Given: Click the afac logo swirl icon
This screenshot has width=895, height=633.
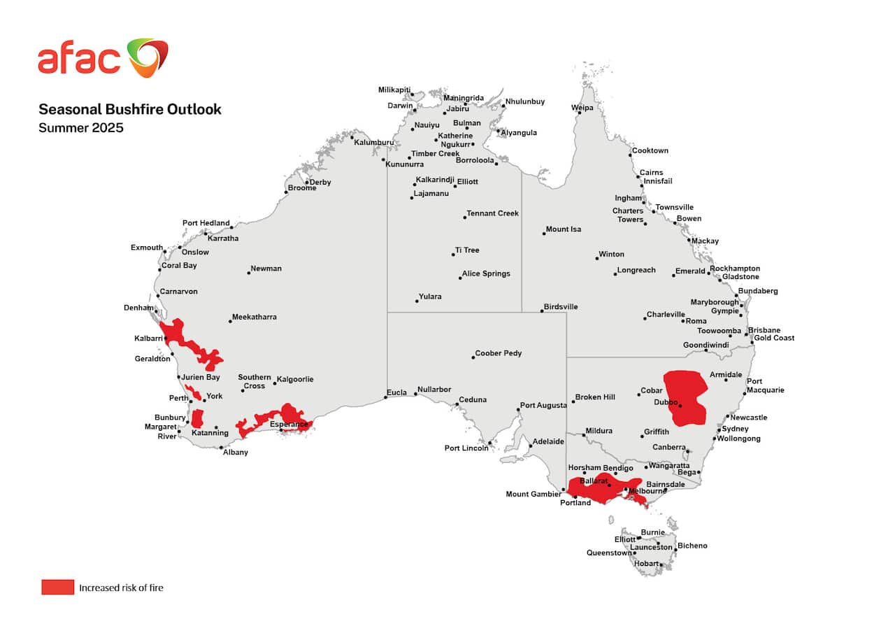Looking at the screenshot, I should (x=148, y=57).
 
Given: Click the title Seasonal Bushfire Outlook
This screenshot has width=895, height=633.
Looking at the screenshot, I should (x=129, y=109).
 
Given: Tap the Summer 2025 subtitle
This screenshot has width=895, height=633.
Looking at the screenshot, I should (x=80, y=128).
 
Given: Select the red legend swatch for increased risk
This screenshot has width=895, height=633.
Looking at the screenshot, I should (x=57, y=587).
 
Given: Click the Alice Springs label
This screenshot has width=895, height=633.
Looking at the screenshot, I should (x=486, y=273).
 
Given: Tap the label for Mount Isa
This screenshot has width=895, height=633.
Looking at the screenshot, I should (x=564, y=229).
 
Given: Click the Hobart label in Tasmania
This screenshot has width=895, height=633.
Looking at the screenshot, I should (x=646, y=563).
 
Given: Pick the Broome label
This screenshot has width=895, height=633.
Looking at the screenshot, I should (x=302, y=187).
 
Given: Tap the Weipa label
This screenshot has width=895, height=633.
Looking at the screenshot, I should (x=582, y=108).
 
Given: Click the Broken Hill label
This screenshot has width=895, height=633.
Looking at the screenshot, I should (x=595, y=397).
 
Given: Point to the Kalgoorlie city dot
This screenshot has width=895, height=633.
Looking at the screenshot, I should (x=274, y=383).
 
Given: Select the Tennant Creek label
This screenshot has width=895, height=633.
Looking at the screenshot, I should (x=493, y=213).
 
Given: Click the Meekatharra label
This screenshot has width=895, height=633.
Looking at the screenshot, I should (x=254, y=317).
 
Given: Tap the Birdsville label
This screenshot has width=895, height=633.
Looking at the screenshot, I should (x=561, y=307).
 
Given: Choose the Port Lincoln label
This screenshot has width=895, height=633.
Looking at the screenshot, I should (x=466, y=448).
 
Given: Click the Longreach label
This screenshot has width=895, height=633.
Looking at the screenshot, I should (x=636, y=270).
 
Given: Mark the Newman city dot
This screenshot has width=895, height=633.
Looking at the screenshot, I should (x=248, y=273).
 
